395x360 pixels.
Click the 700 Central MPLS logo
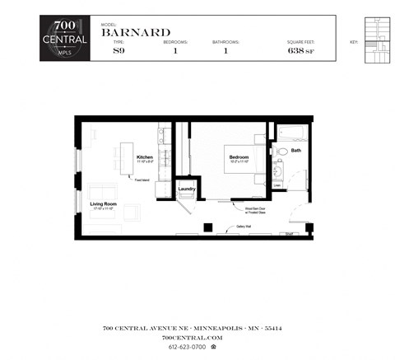(x=64, y=37)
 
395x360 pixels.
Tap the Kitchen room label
(x=145, y=157)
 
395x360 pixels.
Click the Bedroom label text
(x=239, y=157)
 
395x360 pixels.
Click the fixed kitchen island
(x=128, y=159)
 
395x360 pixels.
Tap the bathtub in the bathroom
(x=291, y=132)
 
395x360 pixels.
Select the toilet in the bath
(x=280, y=152)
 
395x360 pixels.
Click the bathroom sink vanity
(x=278, y=171)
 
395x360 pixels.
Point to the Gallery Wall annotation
(x=244, y=224)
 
